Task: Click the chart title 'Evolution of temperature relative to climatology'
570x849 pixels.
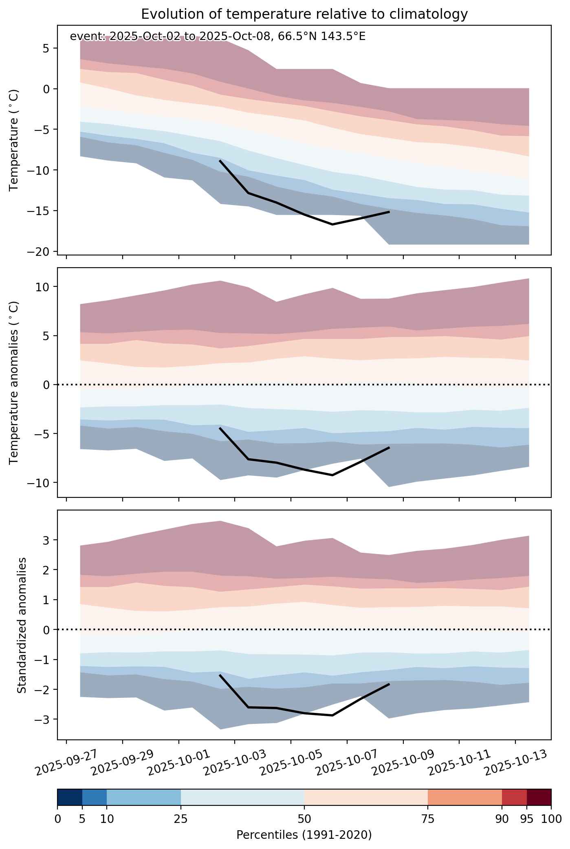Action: [304, 14]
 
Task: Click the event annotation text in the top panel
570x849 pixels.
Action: [218, 36]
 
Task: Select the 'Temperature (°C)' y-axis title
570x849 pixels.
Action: [14, 140]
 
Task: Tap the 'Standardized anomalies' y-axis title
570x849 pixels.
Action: [22, 625]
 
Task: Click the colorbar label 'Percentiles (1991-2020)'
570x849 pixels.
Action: [304, 835]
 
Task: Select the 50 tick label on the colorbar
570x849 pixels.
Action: [304, 819]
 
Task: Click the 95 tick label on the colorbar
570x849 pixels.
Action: [526, 819]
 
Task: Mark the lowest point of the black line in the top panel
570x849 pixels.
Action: [332, 224]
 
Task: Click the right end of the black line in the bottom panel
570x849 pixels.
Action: [389, 684]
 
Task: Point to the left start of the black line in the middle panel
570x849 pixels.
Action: [220, 428]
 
